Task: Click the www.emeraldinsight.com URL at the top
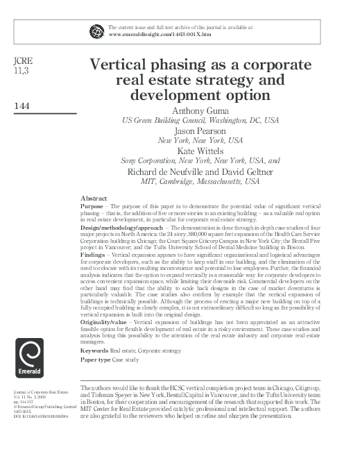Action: click(x=160, y=33)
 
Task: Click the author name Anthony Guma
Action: click(x=200, y=110)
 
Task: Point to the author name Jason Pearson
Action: click(x=200, y=130)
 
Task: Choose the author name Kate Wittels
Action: click(x=200, y=151)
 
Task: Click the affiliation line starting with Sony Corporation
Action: click(x=200, y=160)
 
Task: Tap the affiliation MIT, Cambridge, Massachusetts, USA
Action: click(x=200, y=181)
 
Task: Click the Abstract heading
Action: click(x=94, y=198)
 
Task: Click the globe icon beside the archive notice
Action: click(x=96, y=30)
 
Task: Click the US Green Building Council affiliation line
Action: click(x=200, y=119)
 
